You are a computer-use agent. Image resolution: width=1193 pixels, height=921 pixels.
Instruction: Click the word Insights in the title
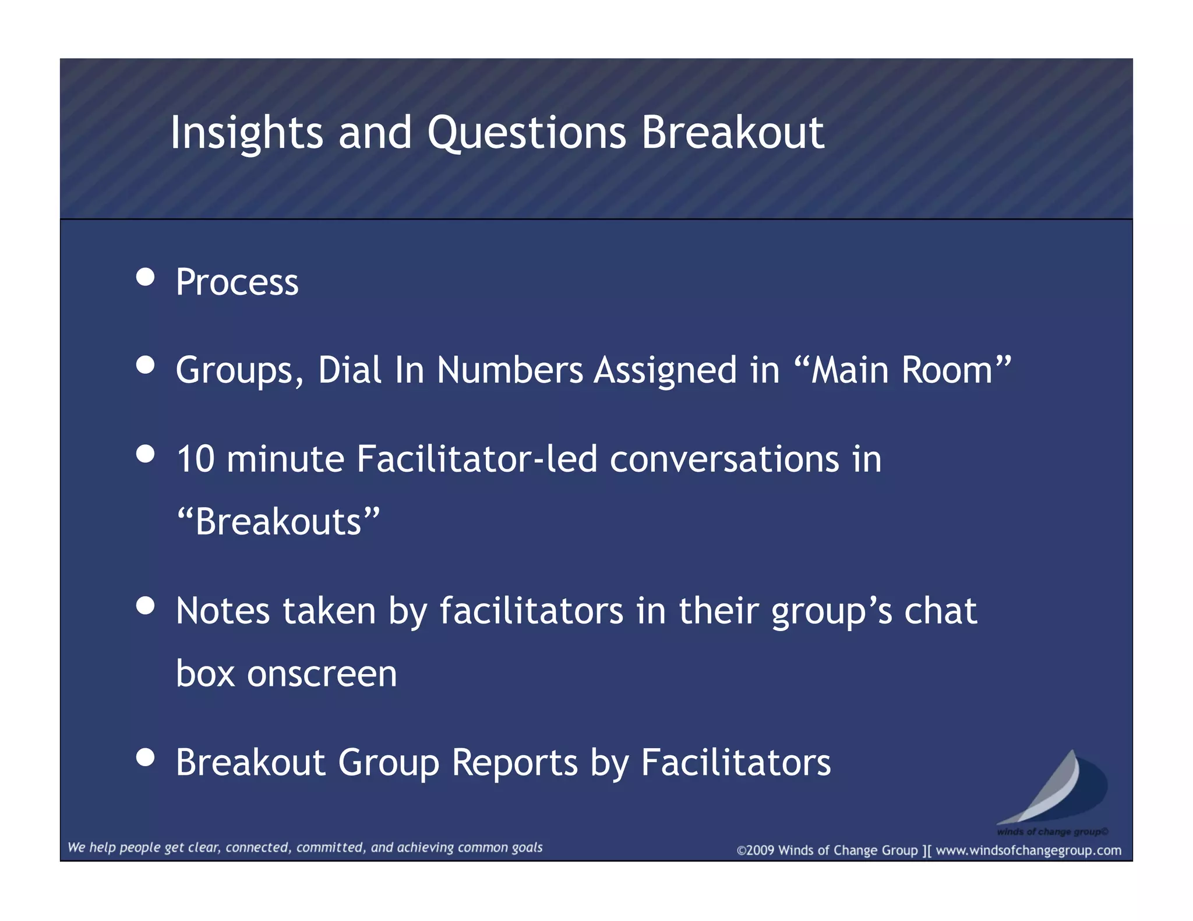[x=246, y=133]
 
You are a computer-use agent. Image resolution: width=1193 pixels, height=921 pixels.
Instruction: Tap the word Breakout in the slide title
[x=733, y=133]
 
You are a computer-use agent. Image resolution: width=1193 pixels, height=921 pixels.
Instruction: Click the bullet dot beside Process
[x=145, y=277]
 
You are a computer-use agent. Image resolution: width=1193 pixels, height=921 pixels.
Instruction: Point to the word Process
[x=237, y=282]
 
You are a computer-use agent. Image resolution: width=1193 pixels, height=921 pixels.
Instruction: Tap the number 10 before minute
[x=195, y=459]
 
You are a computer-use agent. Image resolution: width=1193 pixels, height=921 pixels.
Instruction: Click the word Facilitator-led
[x=477, y=459]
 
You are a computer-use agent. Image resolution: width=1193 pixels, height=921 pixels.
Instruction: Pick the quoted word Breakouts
[x=278, y=522]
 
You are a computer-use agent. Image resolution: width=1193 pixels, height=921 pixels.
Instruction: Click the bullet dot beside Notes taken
[x=145, y=605]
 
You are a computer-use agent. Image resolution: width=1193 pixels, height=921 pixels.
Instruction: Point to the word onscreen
[x=322, y=674]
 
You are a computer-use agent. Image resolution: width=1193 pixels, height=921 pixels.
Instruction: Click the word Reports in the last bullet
[x=515, y=763]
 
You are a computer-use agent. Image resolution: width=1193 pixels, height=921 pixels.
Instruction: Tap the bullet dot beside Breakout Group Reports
[x=145, y=757]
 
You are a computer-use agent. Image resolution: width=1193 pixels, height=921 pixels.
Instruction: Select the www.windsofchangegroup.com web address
[x=1028, y=851]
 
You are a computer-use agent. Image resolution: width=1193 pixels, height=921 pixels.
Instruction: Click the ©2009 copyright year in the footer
[x=756, y=851]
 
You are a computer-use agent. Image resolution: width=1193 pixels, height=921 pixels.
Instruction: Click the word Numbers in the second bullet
[x=510, y=370]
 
